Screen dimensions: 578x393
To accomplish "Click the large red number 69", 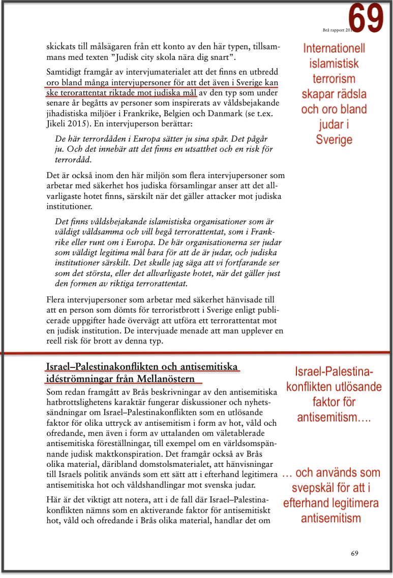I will click(366, 18).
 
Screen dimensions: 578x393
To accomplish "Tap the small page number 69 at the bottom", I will click(354, 553).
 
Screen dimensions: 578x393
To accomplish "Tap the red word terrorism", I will click(334, 79).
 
